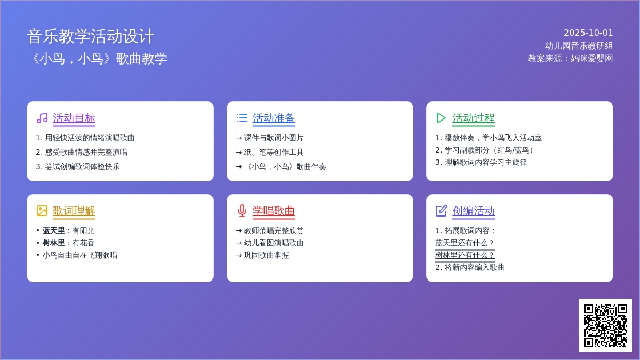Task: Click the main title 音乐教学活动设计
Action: coord(91,37)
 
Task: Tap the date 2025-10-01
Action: coord(588,33)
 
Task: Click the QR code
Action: coord(605,325)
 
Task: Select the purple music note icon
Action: coord(42,118)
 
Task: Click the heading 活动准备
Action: coord(274,118)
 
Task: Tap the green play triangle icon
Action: coord(441,118)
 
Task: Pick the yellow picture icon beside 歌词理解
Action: coord(42,211)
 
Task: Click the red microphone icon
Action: coord(242,211)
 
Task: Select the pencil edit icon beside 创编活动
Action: coord(442,211)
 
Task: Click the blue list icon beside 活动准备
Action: coord(242,118)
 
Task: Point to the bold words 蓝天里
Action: coord(53,230)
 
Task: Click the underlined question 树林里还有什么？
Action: coord(465,255)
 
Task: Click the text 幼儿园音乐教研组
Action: coord(579,46)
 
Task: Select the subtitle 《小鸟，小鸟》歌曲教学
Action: coord(97,59)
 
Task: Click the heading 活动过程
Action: coord(474,118)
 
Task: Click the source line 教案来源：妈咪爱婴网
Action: coord(570,59)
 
